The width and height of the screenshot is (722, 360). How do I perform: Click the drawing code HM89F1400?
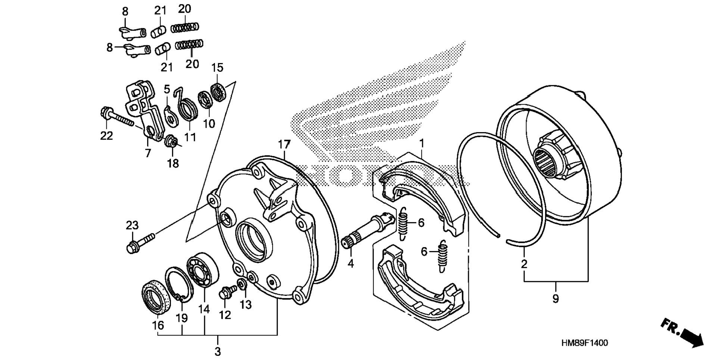584,343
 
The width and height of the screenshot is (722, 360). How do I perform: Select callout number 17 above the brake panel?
284,144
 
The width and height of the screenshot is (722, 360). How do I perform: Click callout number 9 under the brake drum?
555,299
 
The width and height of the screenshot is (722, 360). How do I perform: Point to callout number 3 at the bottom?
218,351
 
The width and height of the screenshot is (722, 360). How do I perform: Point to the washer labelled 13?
242,285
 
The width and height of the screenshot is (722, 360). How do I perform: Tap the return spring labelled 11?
187,108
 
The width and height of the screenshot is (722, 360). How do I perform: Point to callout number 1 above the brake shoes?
422,143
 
